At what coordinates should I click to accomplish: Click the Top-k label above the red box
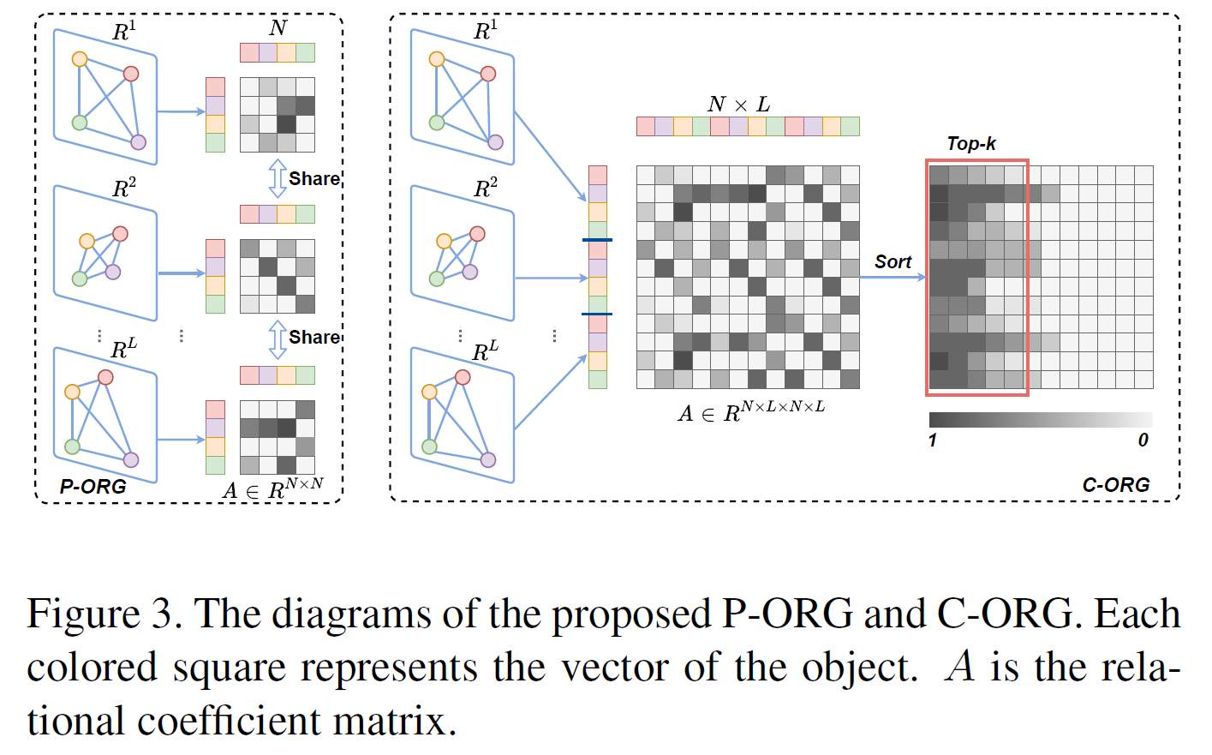[x=971, y=144]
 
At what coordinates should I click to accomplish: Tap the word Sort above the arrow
[x=893, y=262]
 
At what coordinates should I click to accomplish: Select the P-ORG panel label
[x=93, y=487]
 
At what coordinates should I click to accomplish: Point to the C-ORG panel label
[x=1115, y=485]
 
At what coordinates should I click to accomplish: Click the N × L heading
[x=738, y=105]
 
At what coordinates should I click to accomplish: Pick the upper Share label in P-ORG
[x=314, y=179]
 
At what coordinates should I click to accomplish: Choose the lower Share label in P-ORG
[x=314, y=338]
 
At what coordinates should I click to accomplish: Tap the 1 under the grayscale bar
[x=933, y=440]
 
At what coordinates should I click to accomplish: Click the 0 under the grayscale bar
[x=1143, y=440]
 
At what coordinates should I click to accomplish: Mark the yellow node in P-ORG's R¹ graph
[x=80, y=59]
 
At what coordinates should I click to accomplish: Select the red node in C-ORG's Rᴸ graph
[x=463, y=377]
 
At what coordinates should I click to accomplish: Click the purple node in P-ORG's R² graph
[x=113, y=272]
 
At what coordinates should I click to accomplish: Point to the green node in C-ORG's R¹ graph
[x=437, y=123]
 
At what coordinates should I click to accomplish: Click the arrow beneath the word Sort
[x=893, y=278]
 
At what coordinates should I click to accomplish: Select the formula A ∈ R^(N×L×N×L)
[x=751, y=411]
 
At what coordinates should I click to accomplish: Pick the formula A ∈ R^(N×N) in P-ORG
[x=272, y=488]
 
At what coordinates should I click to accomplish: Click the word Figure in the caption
[x=83, y=614]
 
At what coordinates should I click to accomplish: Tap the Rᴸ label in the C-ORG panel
[x=485, y=351]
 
